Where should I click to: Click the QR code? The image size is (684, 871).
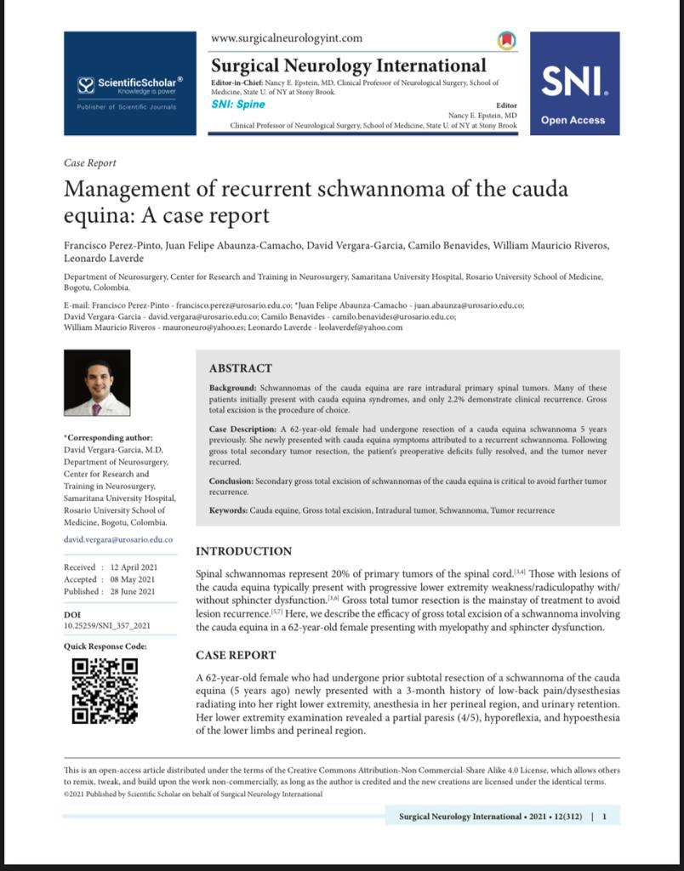(x=105, y=690)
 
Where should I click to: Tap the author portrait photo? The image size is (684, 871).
(x=97, y=383)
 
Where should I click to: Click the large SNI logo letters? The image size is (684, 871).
(x=574, y=83)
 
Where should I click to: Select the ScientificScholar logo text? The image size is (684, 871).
(x=136, y=83)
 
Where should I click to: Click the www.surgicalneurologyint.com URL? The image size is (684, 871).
(x=286, y=38)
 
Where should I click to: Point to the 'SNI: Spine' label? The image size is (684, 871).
(x=237, y=105)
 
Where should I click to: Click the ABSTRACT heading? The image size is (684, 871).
(x=241, y=368)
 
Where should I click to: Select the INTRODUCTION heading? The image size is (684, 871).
(x=243, y=551)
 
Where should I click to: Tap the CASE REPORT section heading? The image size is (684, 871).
(x=236, y=655)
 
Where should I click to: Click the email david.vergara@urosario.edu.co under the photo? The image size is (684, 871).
(x=118, y=539)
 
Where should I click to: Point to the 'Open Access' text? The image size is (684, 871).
(x=573, y=120)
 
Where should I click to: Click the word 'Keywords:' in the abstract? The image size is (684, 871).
(x=228, y=510)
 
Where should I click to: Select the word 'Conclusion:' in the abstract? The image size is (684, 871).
(x=231, y=481)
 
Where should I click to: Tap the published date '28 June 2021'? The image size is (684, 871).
(x=132, y=591)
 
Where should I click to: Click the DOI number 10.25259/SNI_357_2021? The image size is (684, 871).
(x=107, y=625)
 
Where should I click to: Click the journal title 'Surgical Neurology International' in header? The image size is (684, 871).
(x=348, y=65)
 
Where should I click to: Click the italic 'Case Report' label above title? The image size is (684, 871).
(x=90, y=162)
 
